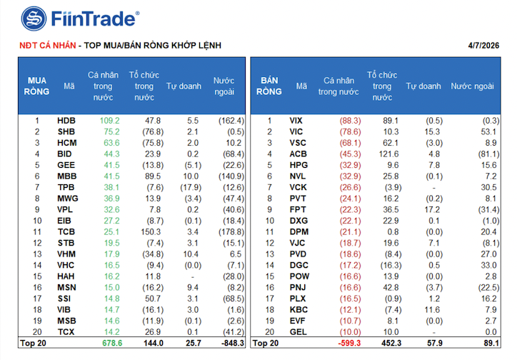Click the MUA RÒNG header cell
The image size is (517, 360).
pos(38,86)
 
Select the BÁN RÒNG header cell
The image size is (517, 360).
pos(269,86)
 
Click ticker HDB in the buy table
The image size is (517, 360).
pos(66,121)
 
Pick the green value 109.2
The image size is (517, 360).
pos(109,121)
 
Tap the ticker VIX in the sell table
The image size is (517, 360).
pos(298,121)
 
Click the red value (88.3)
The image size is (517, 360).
pos(349,121)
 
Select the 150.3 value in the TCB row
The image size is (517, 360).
pos(149,232)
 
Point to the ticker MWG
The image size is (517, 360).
pos(67,199)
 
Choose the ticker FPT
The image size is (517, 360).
pos(298,209)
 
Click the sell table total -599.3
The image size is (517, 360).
pos(347,344)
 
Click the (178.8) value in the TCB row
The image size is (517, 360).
pos(231,232)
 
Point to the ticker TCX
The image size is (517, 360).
pos(66,332)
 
